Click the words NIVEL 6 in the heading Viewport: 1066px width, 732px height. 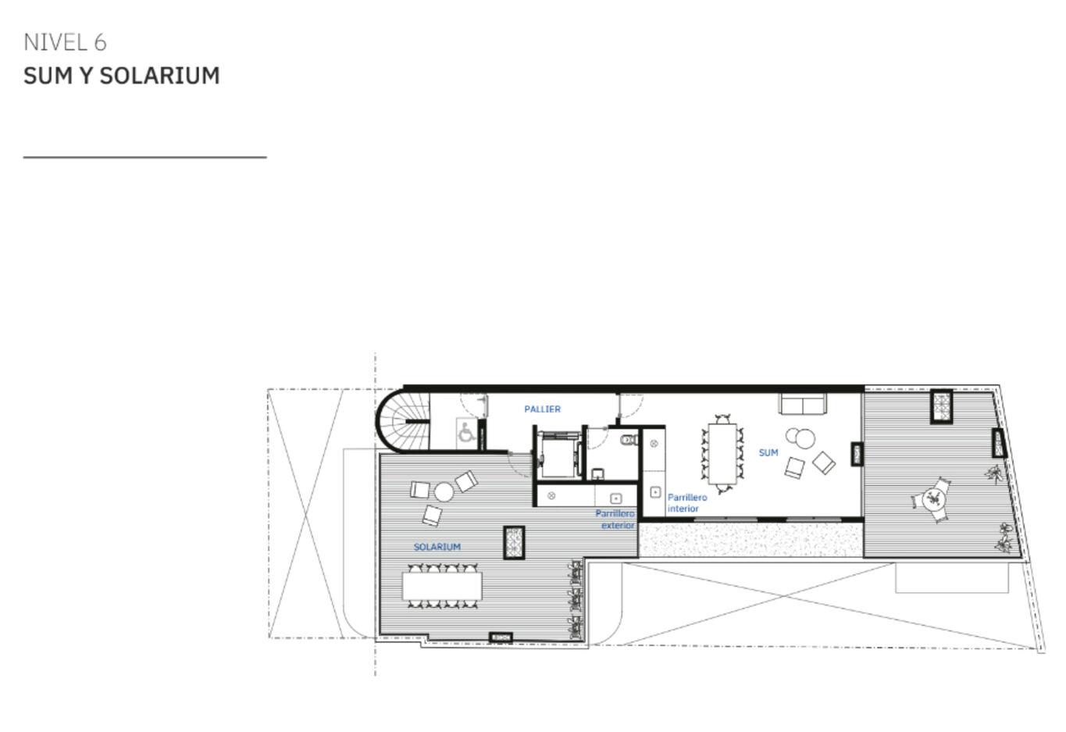coord(65,42)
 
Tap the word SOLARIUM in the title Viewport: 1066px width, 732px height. coord(160,76)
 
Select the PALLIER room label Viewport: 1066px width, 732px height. coord(542,409)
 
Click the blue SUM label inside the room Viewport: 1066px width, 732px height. coord(768,452)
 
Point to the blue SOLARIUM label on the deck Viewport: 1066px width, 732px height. coord(437,547)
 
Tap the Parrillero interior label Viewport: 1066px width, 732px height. coord(686,502)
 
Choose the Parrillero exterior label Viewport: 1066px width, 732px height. coord(615,520)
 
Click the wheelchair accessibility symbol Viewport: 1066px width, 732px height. coord(465,432)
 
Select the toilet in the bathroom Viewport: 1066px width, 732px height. coord(629,439)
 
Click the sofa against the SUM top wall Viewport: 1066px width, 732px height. coord(802,404)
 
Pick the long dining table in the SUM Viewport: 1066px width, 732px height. coord(722,453)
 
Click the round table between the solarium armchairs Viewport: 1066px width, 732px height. coord(444,492)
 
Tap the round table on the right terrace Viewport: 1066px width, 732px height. coord(932,499)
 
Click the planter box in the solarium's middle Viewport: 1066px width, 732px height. coord(514,543)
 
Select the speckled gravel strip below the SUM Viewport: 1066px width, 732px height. coord(750,540)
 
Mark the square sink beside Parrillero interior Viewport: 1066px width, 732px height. coord(655,492)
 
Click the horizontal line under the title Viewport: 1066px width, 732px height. coord(144,156)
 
